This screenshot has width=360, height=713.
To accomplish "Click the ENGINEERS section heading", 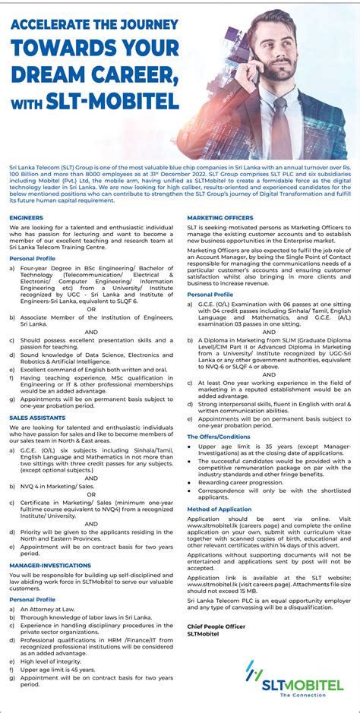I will point(26,217).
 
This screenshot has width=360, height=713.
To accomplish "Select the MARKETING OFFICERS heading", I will point(220,217).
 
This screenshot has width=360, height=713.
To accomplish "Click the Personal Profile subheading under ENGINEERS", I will point(33,259).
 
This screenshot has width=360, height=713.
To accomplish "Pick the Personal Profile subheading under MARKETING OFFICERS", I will point(210,294).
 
